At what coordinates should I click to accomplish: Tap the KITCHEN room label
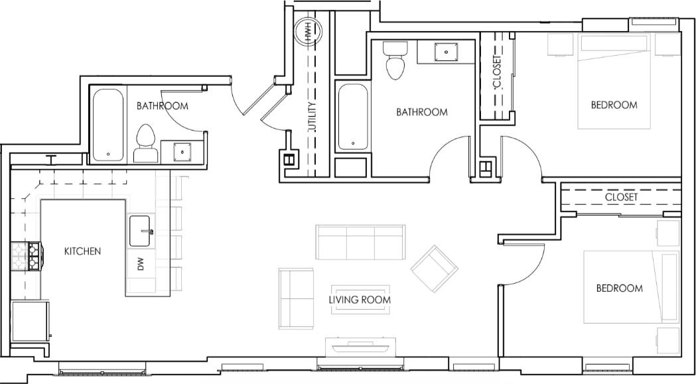click(x=82, y=251)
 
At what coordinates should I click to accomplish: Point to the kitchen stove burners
click(x=27, y=255)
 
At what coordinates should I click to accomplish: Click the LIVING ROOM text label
click(x=360, y=300)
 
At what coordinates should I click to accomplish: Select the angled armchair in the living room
click(x=435, y=268)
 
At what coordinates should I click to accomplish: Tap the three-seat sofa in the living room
click(x=360, y=243)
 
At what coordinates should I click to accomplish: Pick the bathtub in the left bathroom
click(x=107, y=125)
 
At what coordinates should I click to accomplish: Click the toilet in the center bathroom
click(x=396, y=60)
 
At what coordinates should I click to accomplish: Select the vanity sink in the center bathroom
click(x=445, y=51)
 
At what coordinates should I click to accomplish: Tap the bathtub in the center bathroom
click(x=352, y=116)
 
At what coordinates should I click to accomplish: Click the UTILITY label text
click(x=312, y=118)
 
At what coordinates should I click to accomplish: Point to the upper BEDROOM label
click(x=614, y=105)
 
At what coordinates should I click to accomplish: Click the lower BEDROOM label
click(x=619, y=288)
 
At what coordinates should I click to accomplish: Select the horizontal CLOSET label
click(x=621, y=197)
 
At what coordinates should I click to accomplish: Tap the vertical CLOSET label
click(x=497, y=72)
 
